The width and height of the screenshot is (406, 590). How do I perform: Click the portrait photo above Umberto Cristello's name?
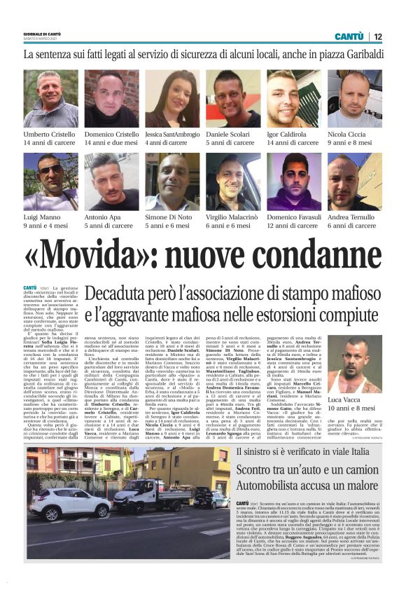[50, 98]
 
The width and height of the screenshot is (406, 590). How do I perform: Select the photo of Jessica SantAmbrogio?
[172, 98]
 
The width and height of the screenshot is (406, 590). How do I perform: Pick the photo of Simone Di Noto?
[172, 181]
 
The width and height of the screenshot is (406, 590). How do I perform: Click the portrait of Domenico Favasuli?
[293, 181]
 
